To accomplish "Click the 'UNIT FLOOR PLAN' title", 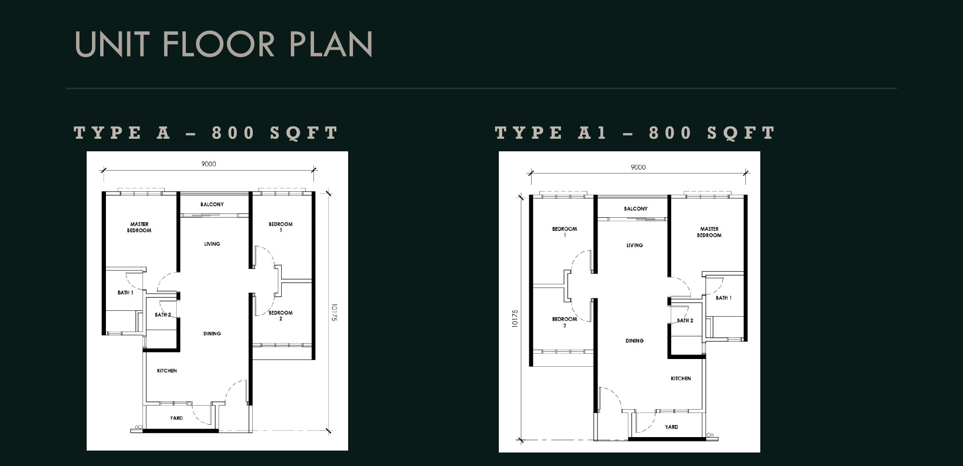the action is point(224,44).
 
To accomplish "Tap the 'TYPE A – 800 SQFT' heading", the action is point(206,133).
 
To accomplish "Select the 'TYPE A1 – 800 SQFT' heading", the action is point(635,133).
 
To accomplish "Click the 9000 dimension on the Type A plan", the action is point(208,164).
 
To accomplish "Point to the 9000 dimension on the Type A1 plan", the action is point(638,167).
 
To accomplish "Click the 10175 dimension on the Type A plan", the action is point(334,312).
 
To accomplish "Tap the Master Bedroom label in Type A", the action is point(139,227).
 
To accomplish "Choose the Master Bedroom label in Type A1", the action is point(709,232).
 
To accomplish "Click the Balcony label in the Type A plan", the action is point(212,204).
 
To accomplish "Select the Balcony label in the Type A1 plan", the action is point(636,209).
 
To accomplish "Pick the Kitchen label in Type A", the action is point(167,371).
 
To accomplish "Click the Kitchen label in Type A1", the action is point(681,378).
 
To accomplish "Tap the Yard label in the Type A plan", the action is point(176,418).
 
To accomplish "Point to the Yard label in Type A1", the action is point(671,426).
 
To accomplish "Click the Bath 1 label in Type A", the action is point(125,293).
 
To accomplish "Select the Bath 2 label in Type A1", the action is point(685,320).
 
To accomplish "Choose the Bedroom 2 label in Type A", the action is point(281,316).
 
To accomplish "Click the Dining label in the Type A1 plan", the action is point(635,341).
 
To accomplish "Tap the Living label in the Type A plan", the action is point(212,244).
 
